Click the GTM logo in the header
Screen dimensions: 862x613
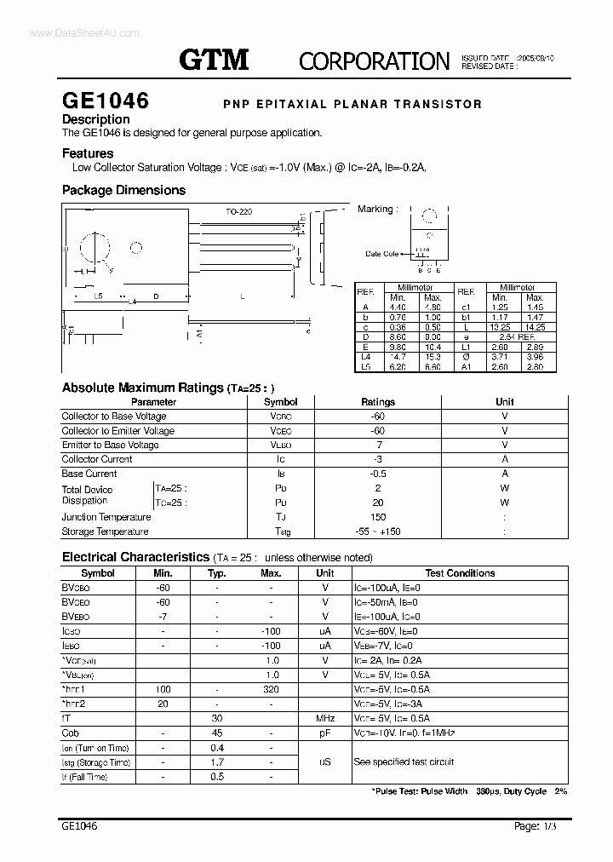click(x=214, y=59)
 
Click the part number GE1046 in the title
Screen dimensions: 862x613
click(x=105, y=101)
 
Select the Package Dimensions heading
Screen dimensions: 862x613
click(x=123, y=190)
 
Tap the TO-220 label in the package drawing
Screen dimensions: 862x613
click(x=239, y=211)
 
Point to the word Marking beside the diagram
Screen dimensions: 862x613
click(x=375, y=209)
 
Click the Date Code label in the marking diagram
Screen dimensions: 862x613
click(x=382, y=254)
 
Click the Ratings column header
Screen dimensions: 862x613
click(x=378, y=402)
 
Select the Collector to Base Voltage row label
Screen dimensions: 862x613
click(x=114, y=417)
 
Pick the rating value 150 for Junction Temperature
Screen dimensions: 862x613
click(x=378, y=517)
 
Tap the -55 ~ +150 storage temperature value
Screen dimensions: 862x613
click(x=378, y=532)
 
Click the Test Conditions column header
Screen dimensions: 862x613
click(x=460, y=573)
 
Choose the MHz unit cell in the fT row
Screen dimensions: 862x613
click(x=325, y=718)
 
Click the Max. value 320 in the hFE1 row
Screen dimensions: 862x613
click(x=271, y=689)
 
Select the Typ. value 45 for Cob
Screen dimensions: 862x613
click(x=216, y=733)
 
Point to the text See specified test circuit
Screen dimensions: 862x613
click(x=404, y=761)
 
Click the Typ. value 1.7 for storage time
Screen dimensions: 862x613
click(x=216, y=762)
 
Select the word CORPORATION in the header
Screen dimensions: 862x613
click(x=374, y=60)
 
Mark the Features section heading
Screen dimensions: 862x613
click(x=88, y=154)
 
